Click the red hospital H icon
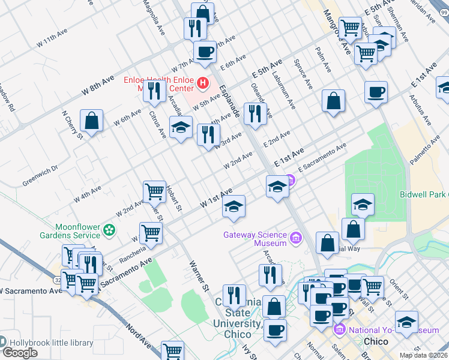coord(203,82)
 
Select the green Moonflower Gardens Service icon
coord(109,229)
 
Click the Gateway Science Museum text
coord(255,239)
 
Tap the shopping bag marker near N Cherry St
coord(91,121)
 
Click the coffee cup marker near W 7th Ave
coord(205,52)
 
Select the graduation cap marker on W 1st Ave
coord(234,206)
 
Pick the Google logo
coord(20,353)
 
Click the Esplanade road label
coord(230,100)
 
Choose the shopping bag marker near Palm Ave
coord(333,101)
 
